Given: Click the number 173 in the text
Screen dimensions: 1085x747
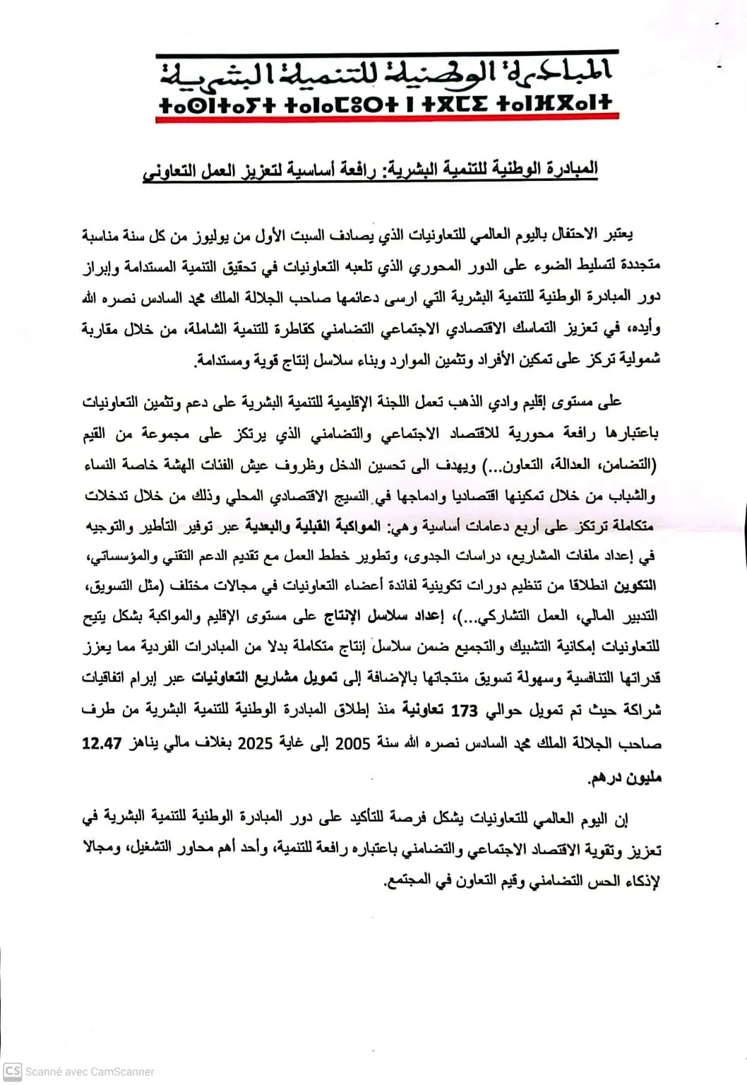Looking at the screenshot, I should pyautogui.click(x=464, y=711).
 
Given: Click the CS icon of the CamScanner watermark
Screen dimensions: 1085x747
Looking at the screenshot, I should pyautogui.click(x=12, y=1071).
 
